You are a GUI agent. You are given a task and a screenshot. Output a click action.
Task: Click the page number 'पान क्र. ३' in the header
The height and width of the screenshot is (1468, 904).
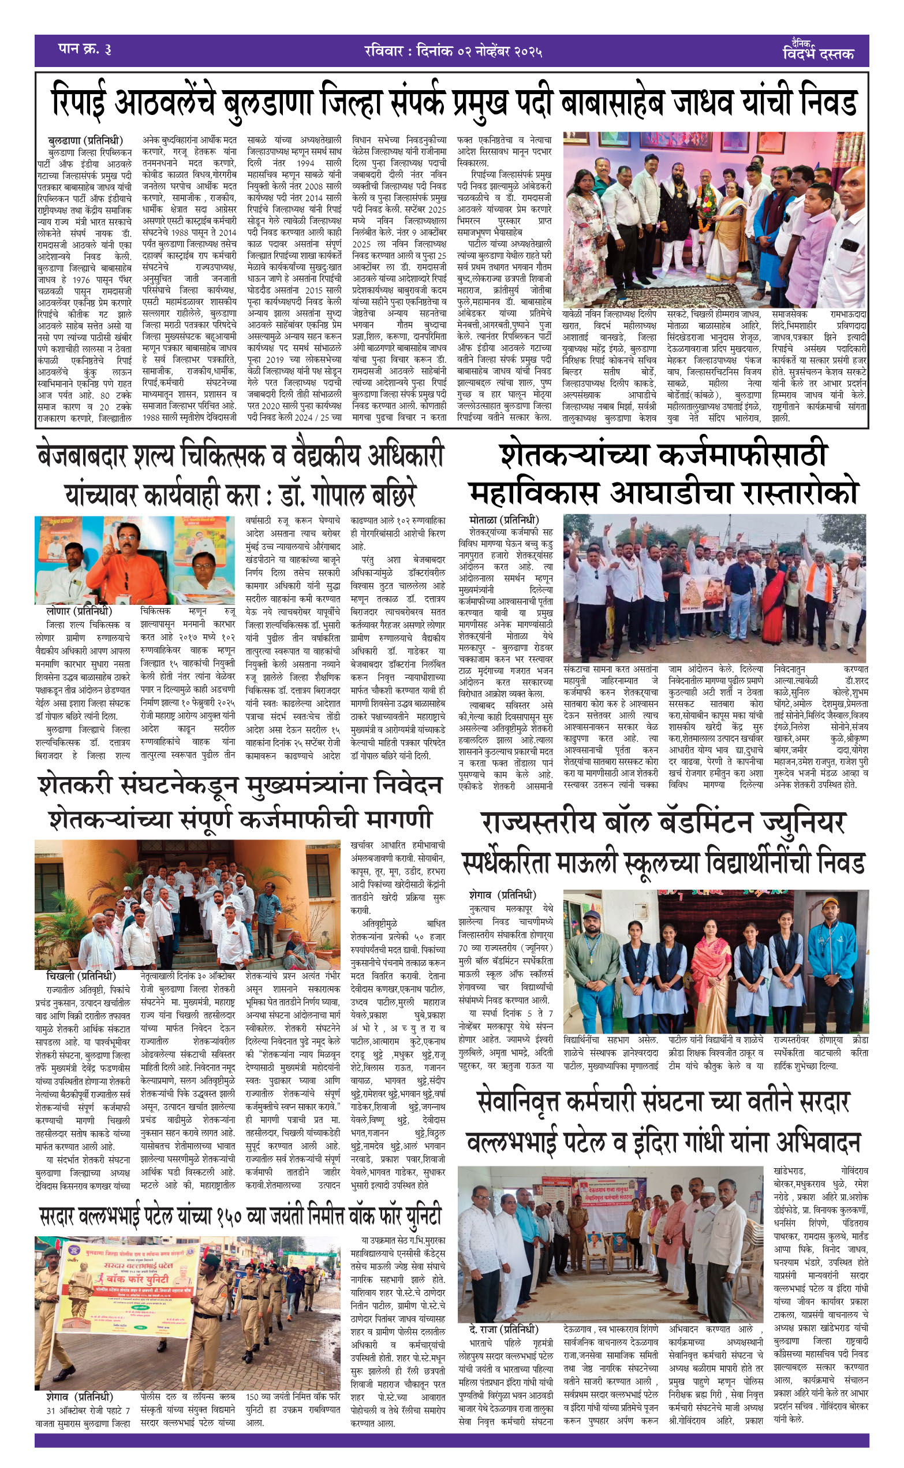(85, 49)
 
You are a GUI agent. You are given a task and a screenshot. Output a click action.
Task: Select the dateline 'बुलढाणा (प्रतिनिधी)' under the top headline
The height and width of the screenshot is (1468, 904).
(85, 140)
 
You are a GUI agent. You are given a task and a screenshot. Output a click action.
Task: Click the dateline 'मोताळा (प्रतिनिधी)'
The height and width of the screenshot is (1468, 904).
(504, 520)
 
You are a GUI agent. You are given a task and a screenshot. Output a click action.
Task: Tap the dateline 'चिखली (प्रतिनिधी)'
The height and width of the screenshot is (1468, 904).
(81, 976)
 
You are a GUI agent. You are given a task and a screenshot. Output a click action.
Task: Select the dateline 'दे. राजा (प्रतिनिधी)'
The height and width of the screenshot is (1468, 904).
(504, 1330)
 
